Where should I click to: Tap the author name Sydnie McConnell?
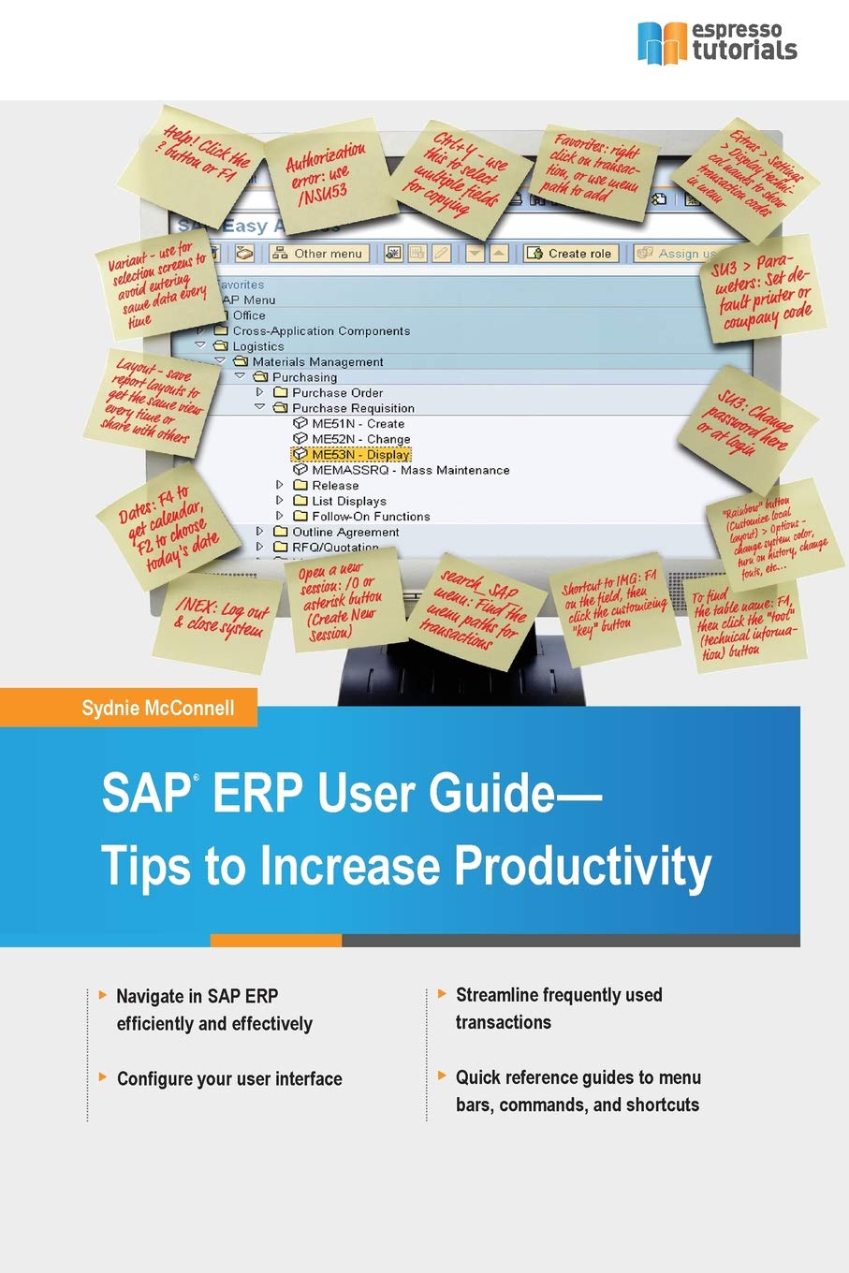click(x=158, y=708)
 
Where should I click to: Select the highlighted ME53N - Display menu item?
click(x=360, y=455)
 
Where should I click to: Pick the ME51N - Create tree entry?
click(x=358, y=424)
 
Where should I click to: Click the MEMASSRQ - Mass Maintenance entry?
click(x=410, y=470)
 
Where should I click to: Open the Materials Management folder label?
click(x=317, y=362)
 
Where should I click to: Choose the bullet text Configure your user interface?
click(x=229, y=1079)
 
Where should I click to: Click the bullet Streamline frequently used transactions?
click(x=558, y=1008)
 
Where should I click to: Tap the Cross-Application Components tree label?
click(x=321, y=331)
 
